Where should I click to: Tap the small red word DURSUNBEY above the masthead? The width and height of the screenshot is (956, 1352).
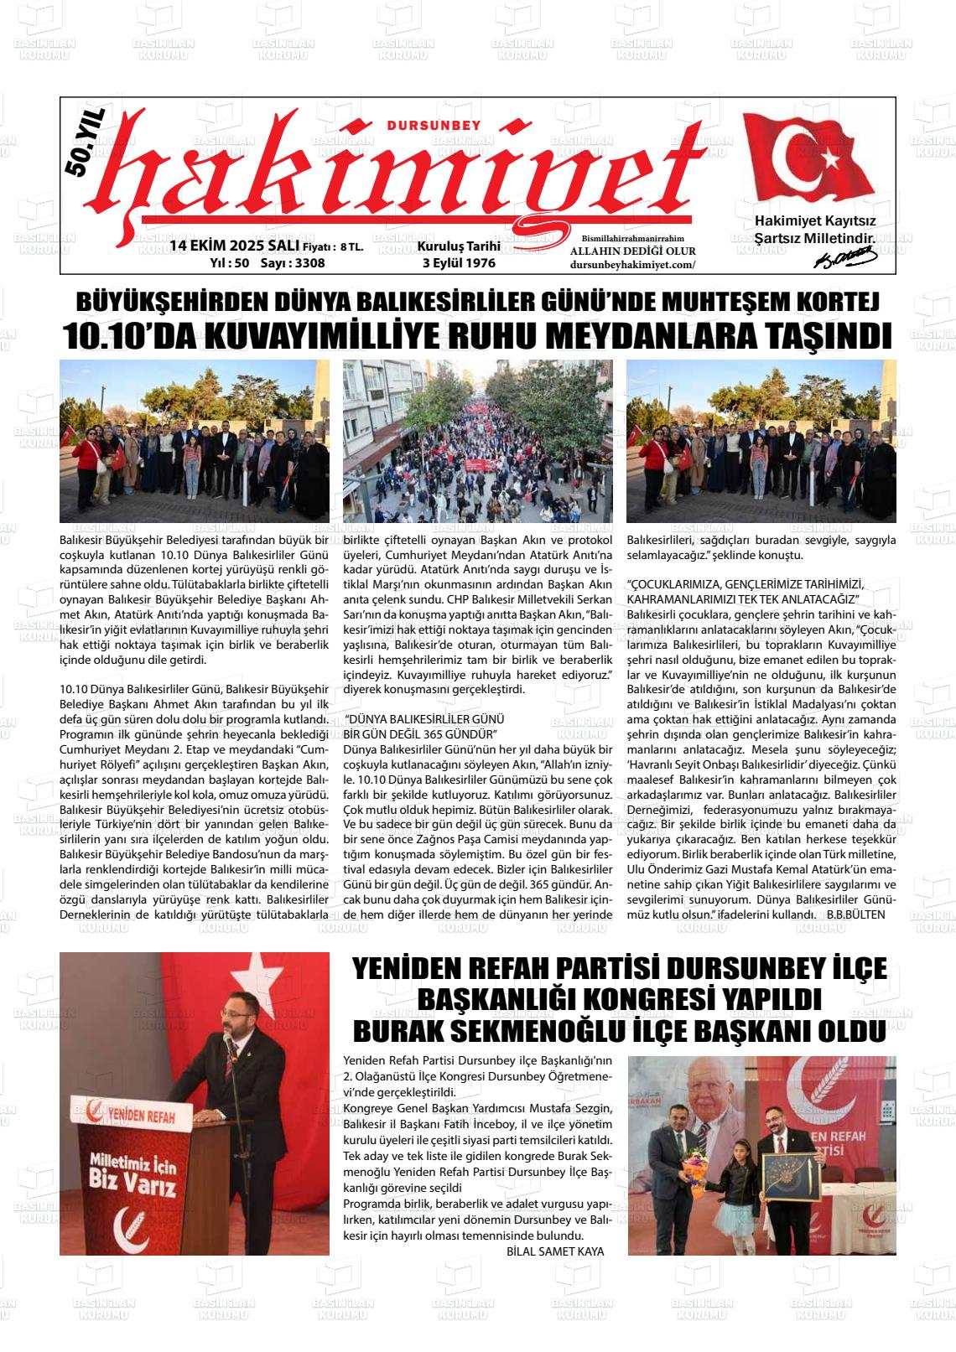click(x=433, y=125)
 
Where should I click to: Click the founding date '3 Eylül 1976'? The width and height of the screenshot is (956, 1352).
click(x=459, y=262)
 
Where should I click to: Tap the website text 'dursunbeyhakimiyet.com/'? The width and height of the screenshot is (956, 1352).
click(x=632, y=264)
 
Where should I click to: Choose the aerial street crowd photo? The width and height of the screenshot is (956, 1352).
click(x=478, y=441)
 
